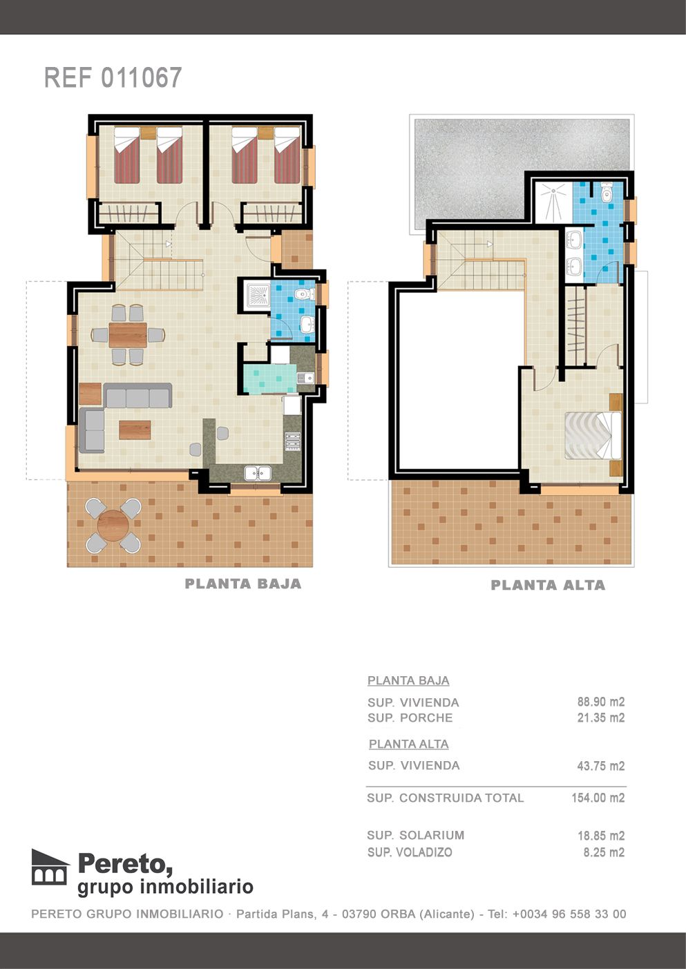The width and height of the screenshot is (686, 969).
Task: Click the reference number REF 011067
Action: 113,78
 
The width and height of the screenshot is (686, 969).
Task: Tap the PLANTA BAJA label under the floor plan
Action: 243,584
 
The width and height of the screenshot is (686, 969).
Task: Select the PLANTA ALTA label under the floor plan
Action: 548,586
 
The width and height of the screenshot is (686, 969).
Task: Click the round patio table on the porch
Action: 113,526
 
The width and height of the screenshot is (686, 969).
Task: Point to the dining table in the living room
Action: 128,335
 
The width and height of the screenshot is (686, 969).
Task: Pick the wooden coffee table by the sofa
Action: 135,430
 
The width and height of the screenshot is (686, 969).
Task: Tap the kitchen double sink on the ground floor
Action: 257,473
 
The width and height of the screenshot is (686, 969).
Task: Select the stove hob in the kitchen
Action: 293,441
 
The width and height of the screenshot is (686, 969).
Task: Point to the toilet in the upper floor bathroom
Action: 607,193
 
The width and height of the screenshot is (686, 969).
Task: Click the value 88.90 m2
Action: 600,702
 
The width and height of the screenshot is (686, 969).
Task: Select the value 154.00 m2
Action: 598,798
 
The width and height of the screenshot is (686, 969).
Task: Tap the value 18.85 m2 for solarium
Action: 600,836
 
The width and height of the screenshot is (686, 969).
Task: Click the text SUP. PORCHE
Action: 410,718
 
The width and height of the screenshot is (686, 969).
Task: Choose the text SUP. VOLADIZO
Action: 410,852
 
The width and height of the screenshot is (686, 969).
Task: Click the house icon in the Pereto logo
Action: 50,867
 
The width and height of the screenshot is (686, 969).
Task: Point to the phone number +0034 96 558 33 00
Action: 569,914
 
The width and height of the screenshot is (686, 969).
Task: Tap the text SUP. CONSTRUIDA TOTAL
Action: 445,798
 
